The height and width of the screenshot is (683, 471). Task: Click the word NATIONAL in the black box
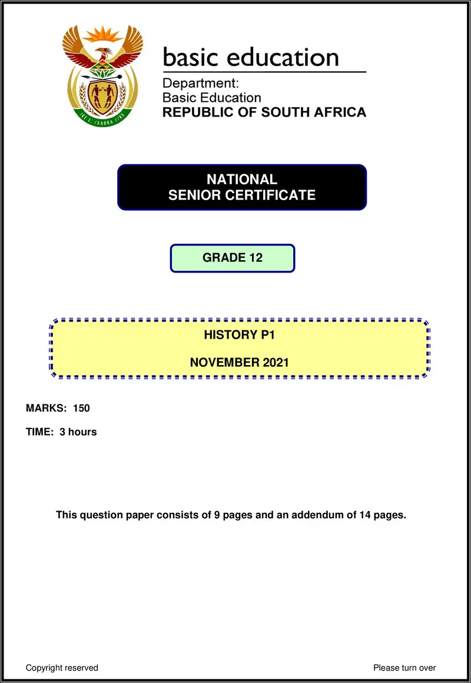click(x=241, y=180)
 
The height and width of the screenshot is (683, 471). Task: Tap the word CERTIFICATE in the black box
click(x=278, y=195)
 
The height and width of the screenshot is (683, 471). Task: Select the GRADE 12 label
click(x=233, y=258)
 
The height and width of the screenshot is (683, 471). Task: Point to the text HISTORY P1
click(x=240, y=336)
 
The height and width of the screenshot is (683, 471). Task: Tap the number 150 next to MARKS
click(x=81, y=408)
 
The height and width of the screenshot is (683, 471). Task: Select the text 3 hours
click(x=78, y=432)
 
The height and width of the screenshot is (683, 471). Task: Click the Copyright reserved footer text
click(x=62, y=668)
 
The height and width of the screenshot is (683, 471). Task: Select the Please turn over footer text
click(x=404, y=668)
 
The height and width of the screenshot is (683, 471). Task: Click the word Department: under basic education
click(x=201, y=84)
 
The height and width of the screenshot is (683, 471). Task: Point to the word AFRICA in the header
click(x=340, y=112)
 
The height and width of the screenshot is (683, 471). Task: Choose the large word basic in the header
click(x=189, y=57)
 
